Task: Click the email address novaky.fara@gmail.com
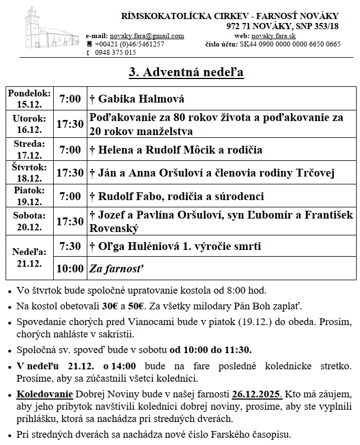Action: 147,36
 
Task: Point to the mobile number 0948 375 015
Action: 115,52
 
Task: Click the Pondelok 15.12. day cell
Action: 30,99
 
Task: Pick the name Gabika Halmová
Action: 141,99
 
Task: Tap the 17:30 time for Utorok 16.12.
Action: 70,124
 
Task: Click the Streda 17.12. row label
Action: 30,149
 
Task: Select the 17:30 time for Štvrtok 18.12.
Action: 70,173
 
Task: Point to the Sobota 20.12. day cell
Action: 30,221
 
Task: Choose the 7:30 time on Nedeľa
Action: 70,246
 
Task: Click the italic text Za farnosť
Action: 116,268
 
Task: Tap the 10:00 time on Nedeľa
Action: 70,268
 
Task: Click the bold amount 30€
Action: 110,306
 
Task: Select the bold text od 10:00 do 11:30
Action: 211,350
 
